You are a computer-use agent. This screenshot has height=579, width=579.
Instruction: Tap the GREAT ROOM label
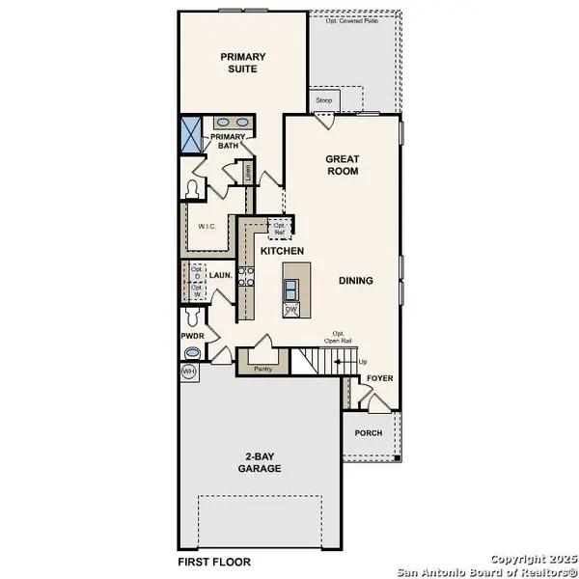[342, 164]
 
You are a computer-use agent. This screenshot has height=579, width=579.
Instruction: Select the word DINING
[355, 281]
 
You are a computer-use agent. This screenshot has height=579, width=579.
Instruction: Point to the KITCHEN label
[283, 251]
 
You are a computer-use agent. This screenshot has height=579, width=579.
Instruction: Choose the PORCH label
[369, 433]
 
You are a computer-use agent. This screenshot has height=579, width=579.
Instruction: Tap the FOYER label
[379, 378]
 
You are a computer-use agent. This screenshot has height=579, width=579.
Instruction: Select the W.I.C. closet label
[207, 227]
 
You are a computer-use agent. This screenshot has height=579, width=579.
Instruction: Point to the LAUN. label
[221, 275]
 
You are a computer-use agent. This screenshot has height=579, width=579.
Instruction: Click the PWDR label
[191, 336]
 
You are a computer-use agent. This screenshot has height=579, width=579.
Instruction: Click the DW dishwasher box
[289, 310]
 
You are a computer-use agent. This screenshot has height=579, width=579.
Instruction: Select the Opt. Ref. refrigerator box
[281, 230]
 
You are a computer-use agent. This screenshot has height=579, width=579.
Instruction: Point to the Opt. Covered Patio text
[351, 19]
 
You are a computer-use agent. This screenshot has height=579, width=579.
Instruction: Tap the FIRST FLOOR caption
[213, 561]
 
